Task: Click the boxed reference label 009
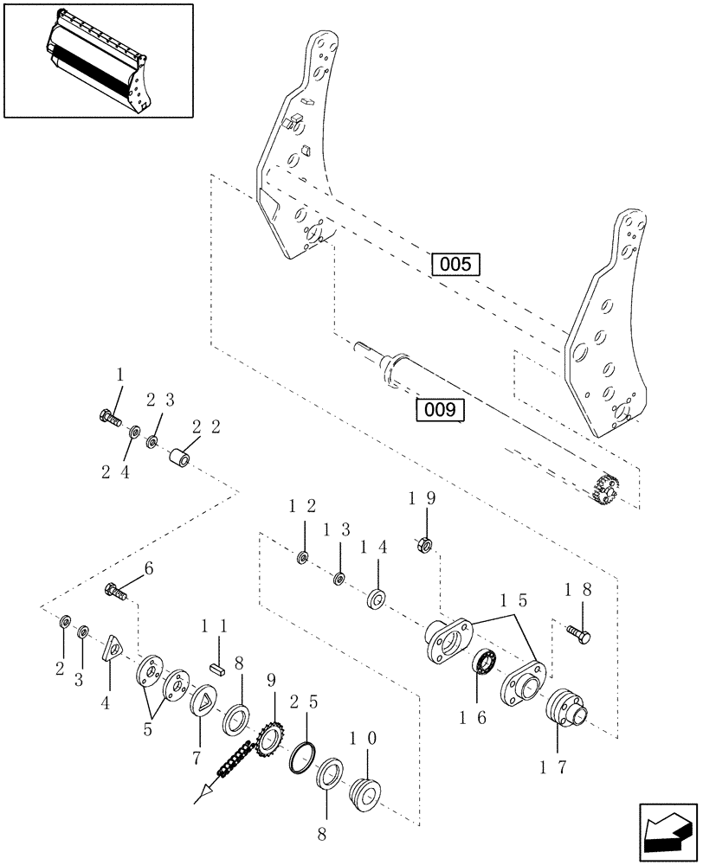click(x=440, y=410)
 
